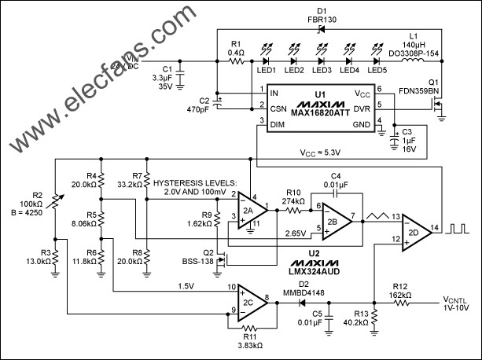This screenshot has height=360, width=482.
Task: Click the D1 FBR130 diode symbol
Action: pos(319,30)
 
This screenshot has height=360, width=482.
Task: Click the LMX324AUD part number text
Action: pos(319,266)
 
